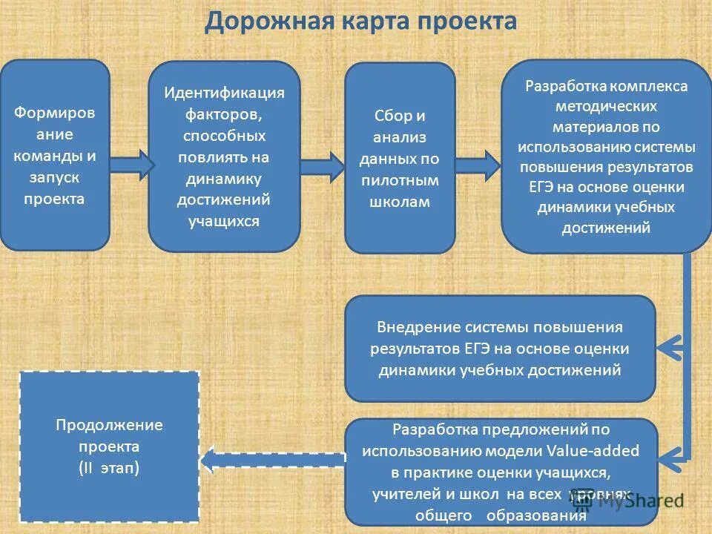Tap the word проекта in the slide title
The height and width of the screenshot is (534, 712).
pyautogui.click(x=467, y=21)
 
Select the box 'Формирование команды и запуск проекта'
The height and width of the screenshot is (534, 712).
pyautogui.click(x=54, y=155)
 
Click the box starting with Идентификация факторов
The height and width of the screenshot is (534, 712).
pyautogui.click(x=224, y=156)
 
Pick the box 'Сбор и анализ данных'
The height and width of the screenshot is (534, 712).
pyautogui.click(x=400, y=158)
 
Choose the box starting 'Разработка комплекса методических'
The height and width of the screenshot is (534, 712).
pyautogui.click(x=606, y=156)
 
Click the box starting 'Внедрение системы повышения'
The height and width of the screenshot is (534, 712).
pyautogui.click(x=500, y=349)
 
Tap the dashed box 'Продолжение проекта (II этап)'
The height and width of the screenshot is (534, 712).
pyautogui.click(x=109, y=446)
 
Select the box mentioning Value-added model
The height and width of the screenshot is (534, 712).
pyautogui.click(x=501, y=472)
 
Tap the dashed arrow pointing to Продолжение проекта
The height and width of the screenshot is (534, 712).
pyautogui.click(x=272, y=460)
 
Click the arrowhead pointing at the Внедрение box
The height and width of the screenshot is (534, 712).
pyautogui.click(x=670, y=346)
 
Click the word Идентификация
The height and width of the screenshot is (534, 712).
pyautogui.click(x=224, y=93)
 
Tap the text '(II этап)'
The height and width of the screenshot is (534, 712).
pyautogui.click(x=109, y=468)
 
